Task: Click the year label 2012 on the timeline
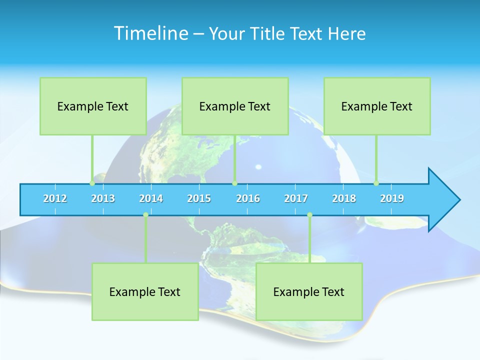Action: pyautogui.click(x=55, y=198)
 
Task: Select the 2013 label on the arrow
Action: pyautogui.click(x=103, y=198)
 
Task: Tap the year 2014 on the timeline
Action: pyautogui.click(x=151, y=198)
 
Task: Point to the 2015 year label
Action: pyautogui.click(x=199, y=198)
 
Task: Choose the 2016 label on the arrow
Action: pyautogui.click(x=248, y=198)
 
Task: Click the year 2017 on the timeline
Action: pyautogui.click(x=296, y=198)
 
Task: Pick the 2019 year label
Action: pyautogui.click(x=392, y=198)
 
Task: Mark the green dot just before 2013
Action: pyautogui.click(x=92, y=183)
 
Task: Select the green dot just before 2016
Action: pyautogui.click(x=234, y=183)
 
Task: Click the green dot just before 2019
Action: pyautogui.click(x=376, y=183)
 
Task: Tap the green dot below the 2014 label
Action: pyautogui.click(x=145, y=214)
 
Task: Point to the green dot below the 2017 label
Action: pyautogui.click(x=309, y=214)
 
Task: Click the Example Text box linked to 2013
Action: pyautogui.click(x=93, y=106)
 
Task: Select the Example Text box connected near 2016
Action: pyautogui.click(x=235, y=106)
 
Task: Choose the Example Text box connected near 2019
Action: pyautogui.click(x=377, y=106)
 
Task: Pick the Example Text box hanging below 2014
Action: pyautogui.click(x=145, y=291)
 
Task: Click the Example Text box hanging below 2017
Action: pyautogui.click(x=309, y=291)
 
